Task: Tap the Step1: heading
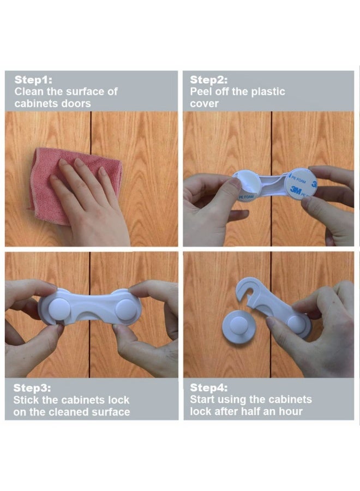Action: click(33, 80)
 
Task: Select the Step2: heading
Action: click(209, 80)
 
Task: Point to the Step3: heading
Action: click(32, 388)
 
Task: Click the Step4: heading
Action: click(209, 388)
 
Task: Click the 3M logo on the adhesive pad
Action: click(295, 190)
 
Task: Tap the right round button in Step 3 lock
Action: click(125, 309)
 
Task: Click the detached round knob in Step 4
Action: click(238, 327)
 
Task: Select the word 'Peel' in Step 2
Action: click(200, 92)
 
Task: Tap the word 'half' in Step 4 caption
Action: click(250, 411)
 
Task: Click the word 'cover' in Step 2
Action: click(204, 104)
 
